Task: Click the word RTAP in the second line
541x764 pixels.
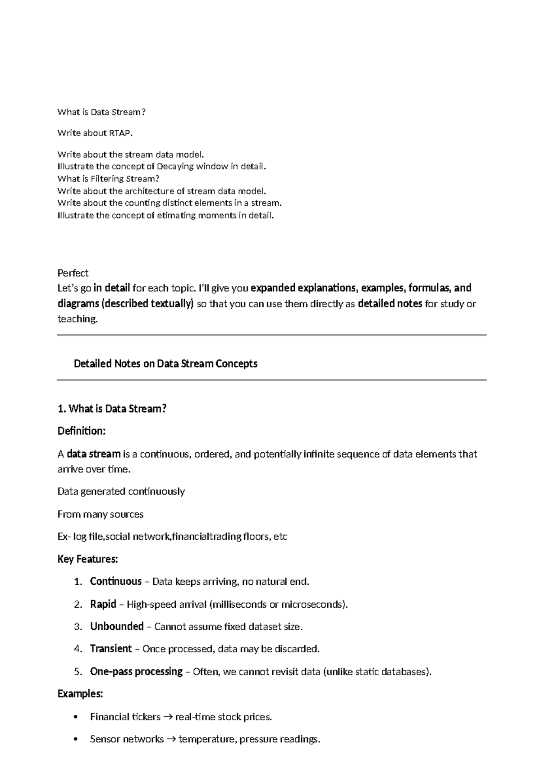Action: pyautogui.click(x=120, y=133)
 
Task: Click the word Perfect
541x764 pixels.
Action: pyautogui.click(x=73, y=273)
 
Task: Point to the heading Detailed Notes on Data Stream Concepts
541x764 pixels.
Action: pyautogui.click(x=165, y=364)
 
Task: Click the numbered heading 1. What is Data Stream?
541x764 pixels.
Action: pyautogui.click(x=112, y=409)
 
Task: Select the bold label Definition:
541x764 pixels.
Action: pyautogui.click(x=81, y=431)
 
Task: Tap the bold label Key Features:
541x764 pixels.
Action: pyautogui.click(x=87, y=559)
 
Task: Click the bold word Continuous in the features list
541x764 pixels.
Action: pyautogui.click(x=115, y=582)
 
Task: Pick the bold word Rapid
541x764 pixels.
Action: pyautogui.click(x=103, y=604)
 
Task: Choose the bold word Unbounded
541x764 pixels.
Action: pyautogui.click(x=116, y=627)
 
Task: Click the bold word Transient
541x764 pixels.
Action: pyautogui.click(x=110, y=649)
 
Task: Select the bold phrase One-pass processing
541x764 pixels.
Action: pyautogui.click(x=136, y=672)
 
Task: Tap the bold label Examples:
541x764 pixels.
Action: pyautogui.click(x=80, y=694)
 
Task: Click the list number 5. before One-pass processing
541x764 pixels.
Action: pyautogui.click(x=78, y=672)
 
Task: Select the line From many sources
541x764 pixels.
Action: pyautogui.click(x=100, y=514)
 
